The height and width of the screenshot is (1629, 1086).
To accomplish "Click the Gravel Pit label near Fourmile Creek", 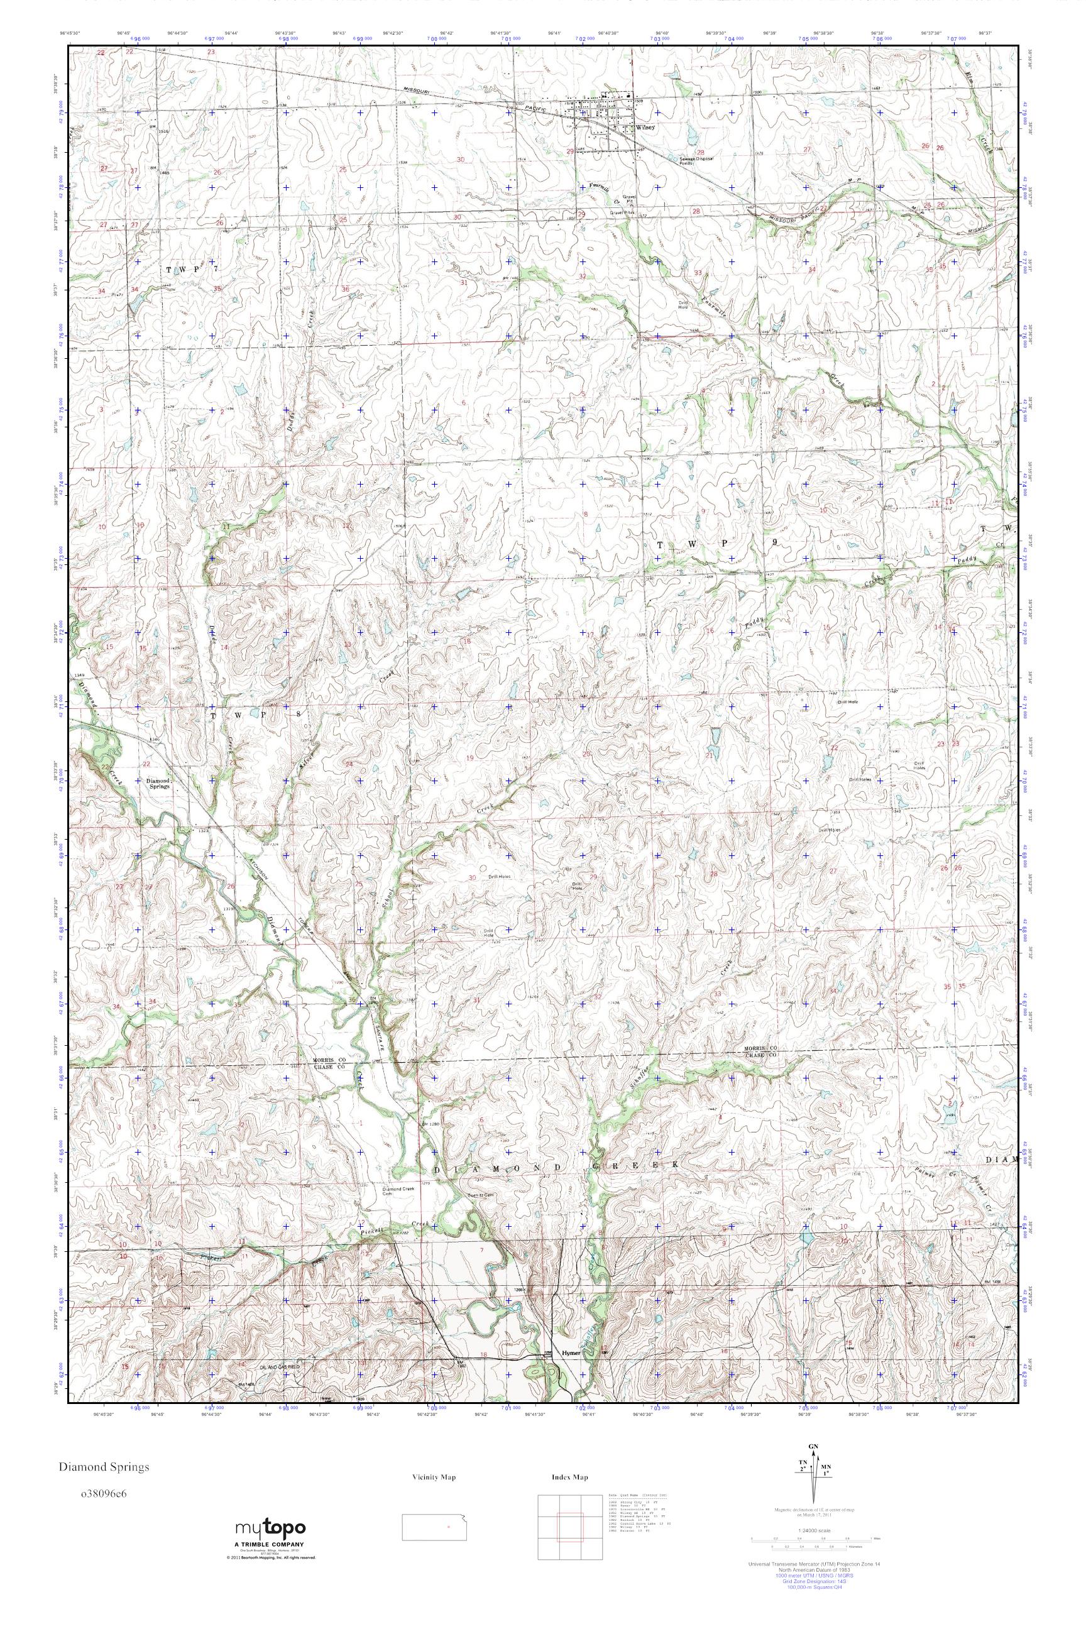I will pos(629,199).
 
